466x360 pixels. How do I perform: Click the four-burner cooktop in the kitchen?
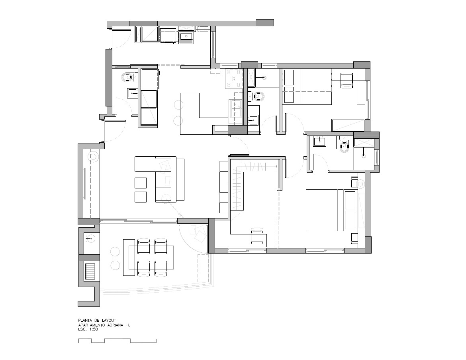(236, 79)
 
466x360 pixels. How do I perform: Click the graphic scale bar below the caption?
(117, 340)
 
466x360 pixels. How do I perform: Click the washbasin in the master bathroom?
(319, 141)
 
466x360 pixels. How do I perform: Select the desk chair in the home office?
(257, 235)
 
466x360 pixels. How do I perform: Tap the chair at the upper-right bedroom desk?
(346, 81)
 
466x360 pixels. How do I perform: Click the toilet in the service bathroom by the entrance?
(127, 78)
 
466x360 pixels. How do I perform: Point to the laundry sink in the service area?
(187, 37)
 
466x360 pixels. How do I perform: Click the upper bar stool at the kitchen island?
(178, 105)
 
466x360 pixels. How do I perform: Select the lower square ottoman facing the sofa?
(141, 197)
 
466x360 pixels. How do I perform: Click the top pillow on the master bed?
(350, 200)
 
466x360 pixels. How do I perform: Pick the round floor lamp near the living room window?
(93, 157)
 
